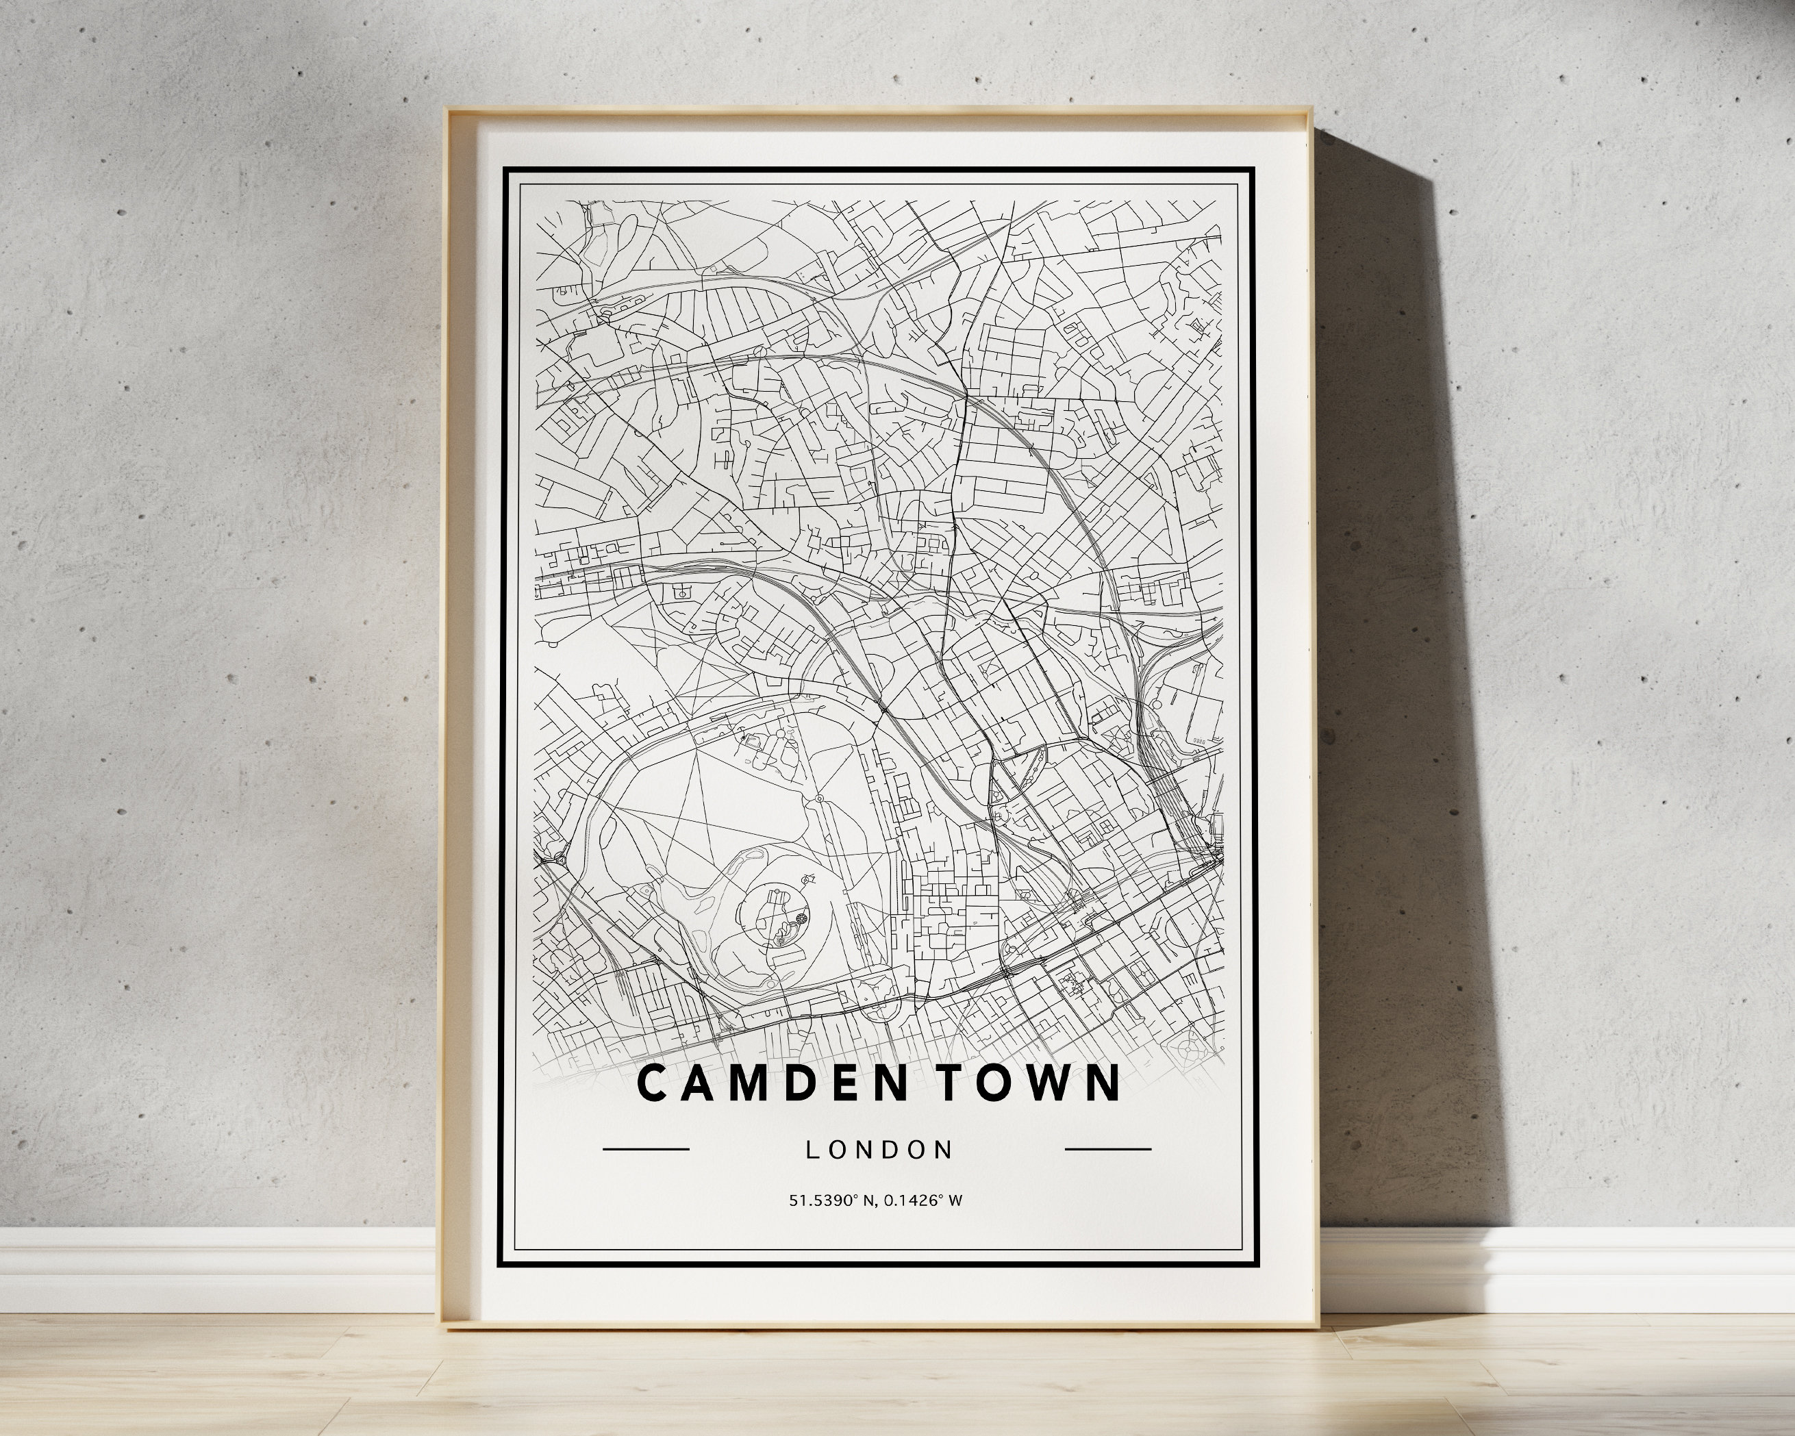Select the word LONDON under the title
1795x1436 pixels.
pyautogui.click(x=879, y=1150)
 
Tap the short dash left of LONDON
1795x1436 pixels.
pyautogui.click(x=645, y=1150)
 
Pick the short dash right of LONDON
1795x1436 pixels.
pyautogui.click(x=1108, y=1150)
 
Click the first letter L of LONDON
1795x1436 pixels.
pyautogui.click(x=812, y=1150)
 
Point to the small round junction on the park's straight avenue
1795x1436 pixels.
pyautogui.click(x=818, y=798)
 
